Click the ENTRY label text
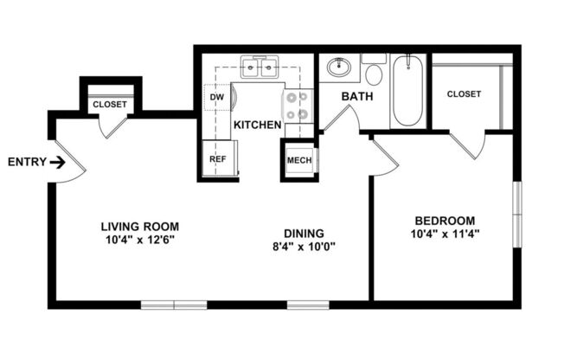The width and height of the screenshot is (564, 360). point(26,162)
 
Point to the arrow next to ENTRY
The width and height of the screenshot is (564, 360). point(58,162)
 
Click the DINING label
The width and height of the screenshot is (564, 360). point(304,233)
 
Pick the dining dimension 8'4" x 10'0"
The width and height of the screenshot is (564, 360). point(304,247)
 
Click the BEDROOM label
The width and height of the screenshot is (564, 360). point(445,219)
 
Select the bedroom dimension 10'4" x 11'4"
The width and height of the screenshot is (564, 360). point(445,233)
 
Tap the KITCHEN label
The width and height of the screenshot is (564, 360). point(257,125)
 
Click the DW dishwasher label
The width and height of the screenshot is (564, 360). point(216,97)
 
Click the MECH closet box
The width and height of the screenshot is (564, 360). point(299,160)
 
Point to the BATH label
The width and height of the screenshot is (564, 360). point(356,96)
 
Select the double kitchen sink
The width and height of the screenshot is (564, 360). point(259,67)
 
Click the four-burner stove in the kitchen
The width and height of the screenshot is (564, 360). point(298,106)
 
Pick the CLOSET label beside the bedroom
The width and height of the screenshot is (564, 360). point(464,94)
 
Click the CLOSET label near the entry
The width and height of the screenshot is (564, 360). point(110,105)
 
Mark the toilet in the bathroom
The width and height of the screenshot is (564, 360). point(373,67)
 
